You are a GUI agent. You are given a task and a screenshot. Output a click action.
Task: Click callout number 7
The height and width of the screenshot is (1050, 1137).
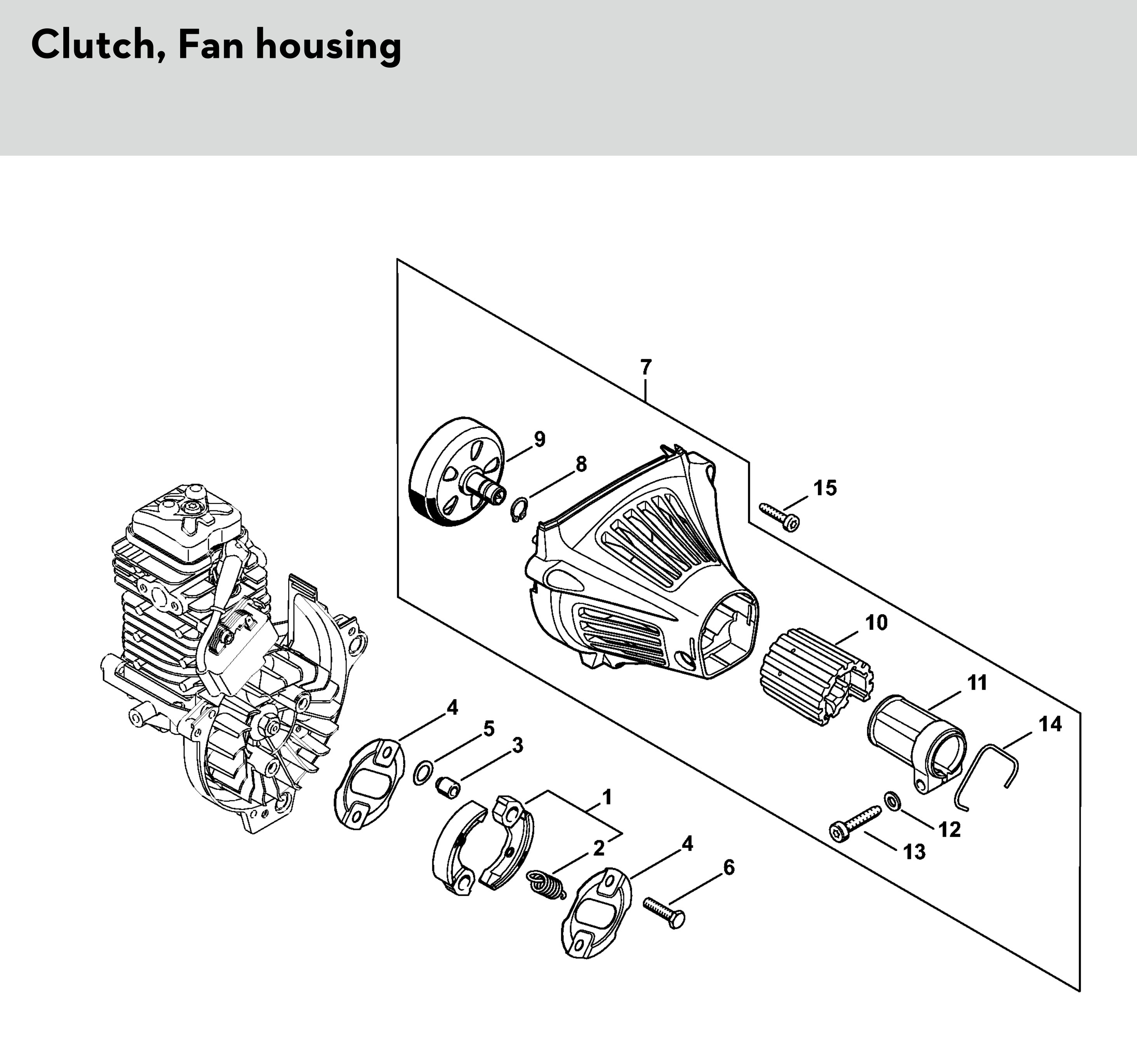(x=645, y=368)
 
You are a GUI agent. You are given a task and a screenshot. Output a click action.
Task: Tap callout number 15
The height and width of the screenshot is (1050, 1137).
(x=825, y=488)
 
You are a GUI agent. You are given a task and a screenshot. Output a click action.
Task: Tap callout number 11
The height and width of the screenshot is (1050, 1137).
(x=977, y=682)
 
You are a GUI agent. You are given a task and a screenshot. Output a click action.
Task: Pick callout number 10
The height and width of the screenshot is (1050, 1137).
(x=876, y=623)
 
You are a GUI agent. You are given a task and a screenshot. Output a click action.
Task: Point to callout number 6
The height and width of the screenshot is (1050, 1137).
(x=728, y=867)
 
